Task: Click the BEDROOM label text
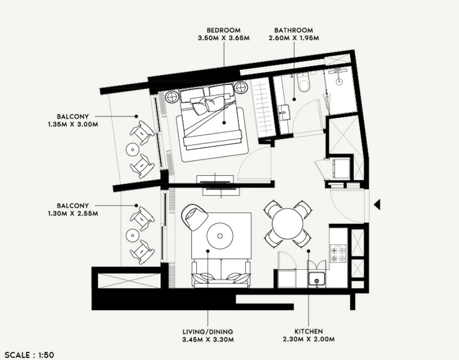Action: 224,30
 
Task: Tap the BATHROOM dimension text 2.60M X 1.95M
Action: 294,38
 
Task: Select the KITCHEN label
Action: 309,332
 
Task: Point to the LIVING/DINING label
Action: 208,332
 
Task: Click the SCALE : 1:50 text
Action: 29,355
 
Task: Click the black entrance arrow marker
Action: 377,205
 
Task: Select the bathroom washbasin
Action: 284,112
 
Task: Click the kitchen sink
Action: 317,279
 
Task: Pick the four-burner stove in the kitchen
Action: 338,254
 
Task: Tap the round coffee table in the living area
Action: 220,236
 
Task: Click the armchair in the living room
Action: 194,217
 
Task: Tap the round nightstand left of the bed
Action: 172,97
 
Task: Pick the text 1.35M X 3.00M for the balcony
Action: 73,124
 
